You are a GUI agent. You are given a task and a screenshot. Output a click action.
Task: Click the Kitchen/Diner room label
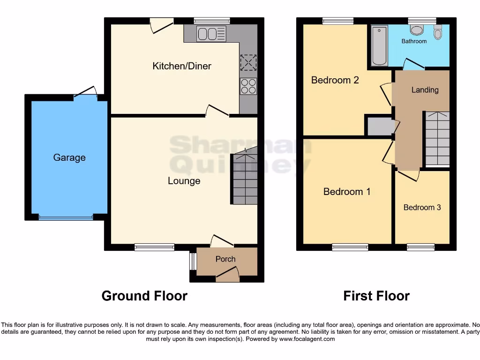pos(182,66)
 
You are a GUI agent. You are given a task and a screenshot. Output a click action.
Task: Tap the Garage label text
pos(69,157)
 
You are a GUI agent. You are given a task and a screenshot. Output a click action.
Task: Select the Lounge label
pos(184,181)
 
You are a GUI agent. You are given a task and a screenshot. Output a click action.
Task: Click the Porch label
pos(225,259)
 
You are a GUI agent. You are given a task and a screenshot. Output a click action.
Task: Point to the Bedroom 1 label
pos(347,191)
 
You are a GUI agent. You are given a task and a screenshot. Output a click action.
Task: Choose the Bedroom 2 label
pos(335,80)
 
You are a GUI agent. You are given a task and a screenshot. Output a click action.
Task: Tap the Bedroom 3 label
pos(422,207)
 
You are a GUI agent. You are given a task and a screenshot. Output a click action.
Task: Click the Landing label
pos(425,90)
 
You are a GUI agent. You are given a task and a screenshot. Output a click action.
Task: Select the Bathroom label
pos(414,41)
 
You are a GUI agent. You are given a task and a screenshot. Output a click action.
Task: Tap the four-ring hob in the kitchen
pos(248,86)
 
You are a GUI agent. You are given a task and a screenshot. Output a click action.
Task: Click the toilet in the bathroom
pos(438,31)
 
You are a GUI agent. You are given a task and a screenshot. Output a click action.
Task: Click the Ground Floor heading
pos(144,296)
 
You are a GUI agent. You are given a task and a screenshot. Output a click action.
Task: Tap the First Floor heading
pos(376,296)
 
